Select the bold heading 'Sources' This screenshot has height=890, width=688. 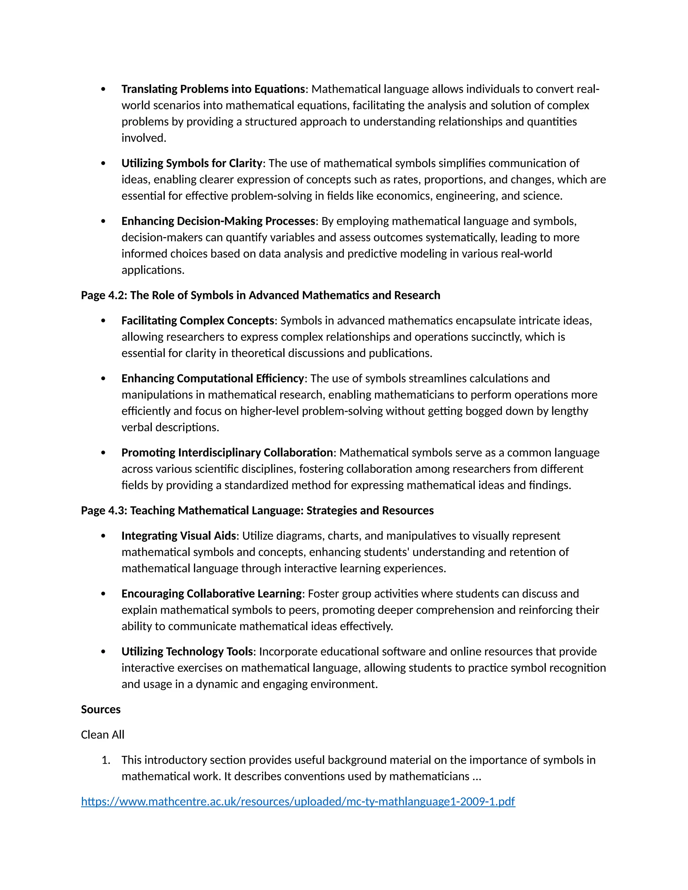coord(101,709)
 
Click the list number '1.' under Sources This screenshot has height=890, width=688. coord(105,760)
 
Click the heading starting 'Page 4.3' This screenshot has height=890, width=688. coord(257,510)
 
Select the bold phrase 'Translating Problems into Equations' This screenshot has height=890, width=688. coord(213,89)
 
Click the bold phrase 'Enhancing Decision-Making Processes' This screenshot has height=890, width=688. coord(218,221)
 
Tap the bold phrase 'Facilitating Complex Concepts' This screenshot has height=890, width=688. coord(198,320)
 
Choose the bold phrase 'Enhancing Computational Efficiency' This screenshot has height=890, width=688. coord(213,378)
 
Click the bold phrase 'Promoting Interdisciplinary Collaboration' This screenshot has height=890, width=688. coord(227,452)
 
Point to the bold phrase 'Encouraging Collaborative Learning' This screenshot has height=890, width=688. coord(212,593)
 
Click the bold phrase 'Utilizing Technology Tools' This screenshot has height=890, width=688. coord(187,651)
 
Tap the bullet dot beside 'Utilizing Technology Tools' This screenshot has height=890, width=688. coord(103,652)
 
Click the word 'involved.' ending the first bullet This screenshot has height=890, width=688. coord(144,138)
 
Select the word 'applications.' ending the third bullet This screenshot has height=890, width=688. coord(153,270)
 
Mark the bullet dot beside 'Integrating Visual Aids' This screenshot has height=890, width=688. coord(103,536)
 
